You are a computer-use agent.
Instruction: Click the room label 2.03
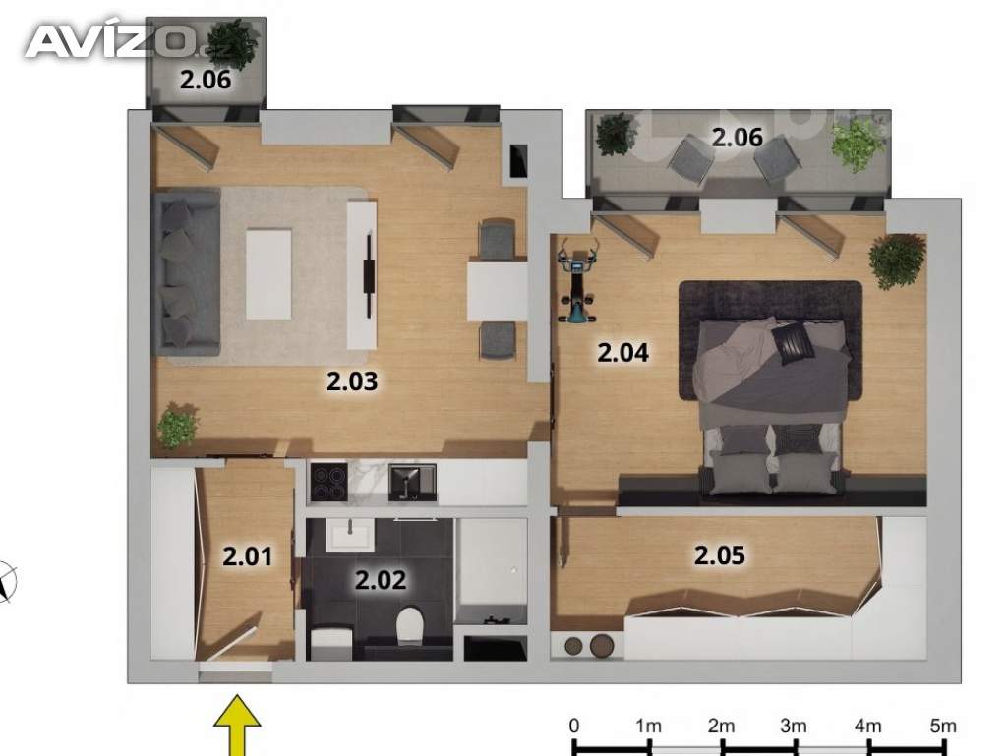(352, 381)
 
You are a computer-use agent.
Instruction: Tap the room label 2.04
(622, 352)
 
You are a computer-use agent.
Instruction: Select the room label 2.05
(719, 555)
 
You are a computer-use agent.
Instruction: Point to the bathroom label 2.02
(381, 580)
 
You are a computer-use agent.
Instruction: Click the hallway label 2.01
(248, 555)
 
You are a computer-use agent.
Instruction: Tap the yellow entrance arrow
(238, 726)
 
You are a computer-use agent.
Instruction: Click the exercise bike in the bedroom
(578, 280)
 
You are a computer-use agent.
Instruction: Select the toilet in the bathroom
(409, 625)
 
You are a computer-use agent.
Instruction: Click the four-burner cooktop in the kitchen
(328, 482)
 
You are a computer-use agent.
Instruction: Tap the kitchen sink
(412, 482)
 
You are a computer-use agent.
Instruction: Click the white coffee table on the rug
(268, 274)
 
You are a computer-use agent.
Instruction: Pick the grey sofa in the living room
(186, 272)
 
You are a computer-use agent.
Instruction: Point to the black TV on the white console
(370, 275)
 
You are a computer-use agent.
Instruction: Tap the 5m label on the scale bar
(943, 726)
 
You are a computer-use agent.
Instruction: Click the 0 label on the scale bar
(574, 726)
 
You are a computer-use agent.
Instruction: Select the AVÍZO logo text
(109, 42)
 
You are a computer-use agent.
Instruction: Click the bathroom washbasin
(350, 535)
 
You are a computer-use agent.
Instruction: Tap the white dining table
(497, 290)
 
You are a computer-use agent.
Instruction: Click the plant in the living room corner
(177, 426)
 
